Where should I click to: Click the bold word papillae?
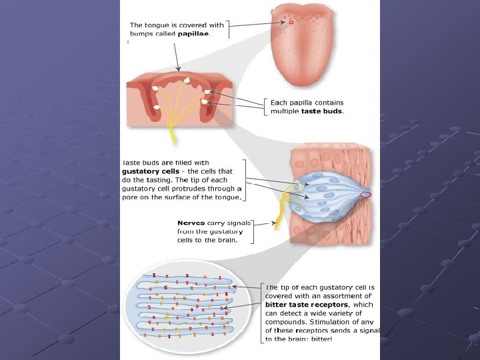[193, 35]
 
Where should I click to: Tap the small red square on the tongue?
[291, 23]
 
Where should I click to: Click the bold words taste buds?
[322, 111]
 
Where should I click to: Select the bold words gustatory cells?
[151, 171]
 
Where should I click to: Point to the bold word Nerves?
[191, 223]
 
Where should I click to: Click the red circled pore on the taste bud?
[367, 195]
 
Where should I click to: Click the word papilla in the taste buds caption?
[300, 102]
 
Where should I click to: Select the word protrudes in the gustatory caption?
[192, 189]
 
